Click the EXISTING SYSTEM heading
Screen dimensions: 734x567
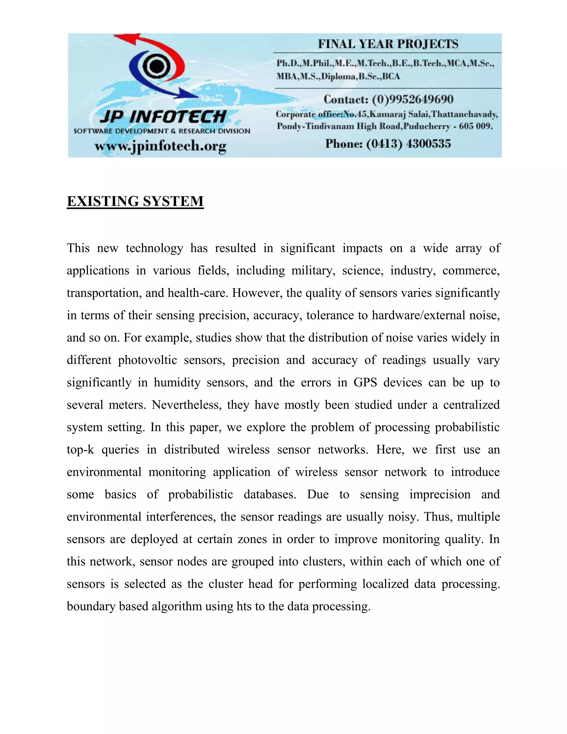point(135,201)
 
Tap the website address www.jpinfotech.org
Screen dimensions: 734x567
point(160,146)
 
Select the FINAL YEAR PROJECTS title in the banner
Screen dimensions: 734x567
point(388,44)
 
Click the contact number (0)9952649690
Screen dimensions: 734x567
point(413,99)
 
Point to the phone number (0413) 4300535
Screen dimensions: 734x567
point(408,144)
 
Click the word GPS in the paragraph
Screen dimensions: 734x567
point(365,383)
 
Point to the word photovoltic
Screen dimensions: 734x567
point(148,360)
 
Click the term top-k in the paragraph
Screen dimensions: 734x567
point(80,450)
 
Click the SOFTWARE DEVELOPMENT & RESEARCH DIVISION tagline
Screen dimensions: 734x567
point(162,131)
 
